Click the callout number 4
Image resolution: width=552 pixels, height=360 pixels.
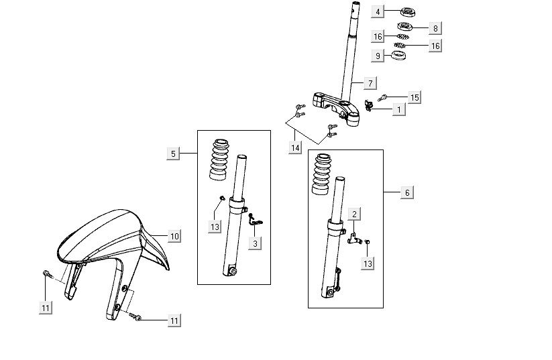[379, 11]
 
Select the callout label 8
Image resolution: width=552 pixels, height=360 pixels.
[435, 28]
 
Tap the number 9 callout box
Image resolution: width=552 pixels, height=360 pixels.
[379, 56]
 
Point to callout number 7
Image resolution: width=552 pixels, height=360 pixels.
[370, 84]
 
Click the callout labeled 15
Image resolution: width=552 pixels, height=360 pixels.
[415, 98]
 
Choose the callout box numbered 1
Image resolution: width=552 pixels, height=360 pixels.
[398, 109]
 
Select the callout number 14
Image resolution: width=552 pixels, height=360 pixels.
[295, 147]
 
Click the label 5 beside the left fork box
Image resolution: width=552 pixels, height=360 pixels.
[173, 154]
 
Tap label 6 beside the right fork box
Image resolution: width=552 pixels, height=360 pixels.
[407, 192]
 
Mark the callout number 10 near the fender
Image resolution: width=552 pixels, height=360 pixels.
[174, 236]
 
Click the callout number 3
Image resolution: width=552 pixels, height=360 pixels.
[255, 243]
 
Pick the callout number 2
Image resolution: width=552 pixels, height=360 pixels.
[354, 214]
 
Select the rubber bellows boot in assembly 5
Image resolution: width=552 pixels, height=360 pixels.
[221, 160]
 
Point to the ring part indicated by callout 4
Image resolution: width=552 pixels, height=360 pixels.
[407, 11]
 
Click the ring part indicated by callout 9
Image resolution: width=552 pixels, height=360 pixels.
[398, 54]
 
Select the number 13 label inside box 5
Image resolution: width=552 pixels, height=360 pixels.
[215, 227]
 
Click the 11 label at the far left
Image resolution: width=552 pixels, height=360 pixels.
[45, 307]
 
